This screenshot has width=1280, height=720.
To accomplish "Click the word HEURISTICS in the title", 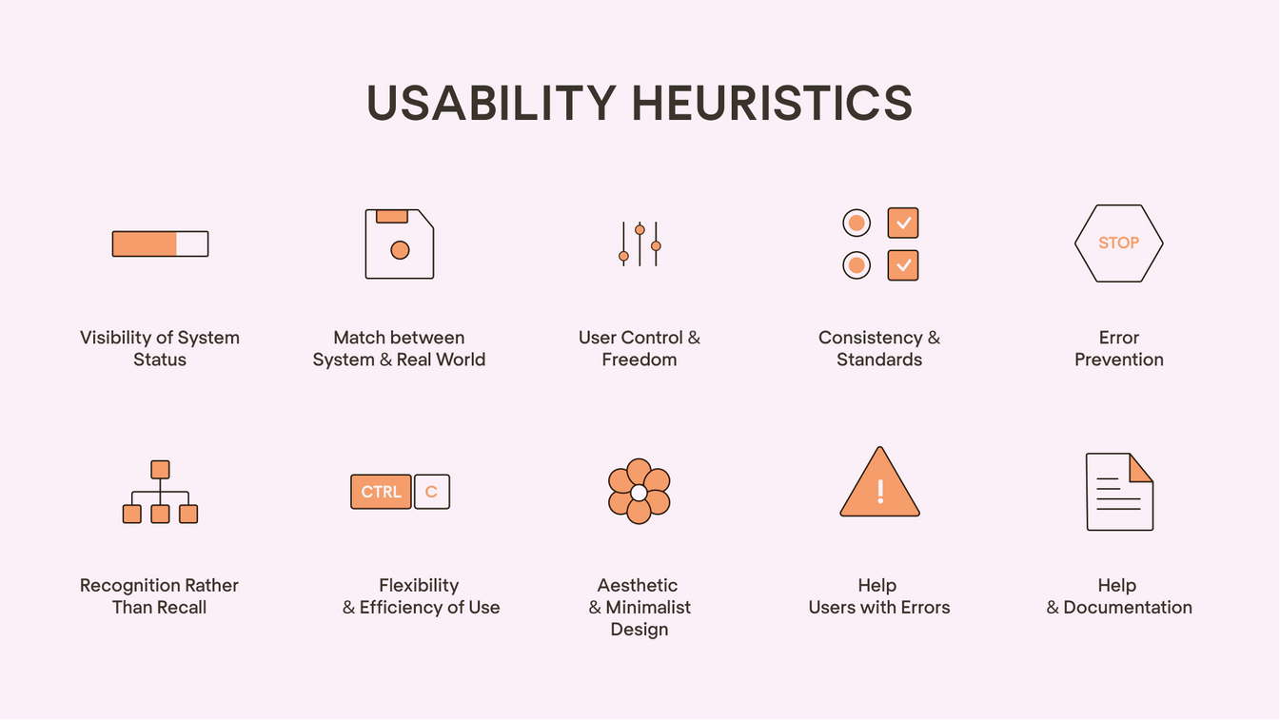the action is tap(772, 103).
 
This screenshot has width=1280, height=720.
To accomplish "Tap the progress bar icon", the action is tap(160, 243).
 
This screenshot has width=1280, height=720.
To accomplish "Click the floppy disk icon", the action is tap(400, 243).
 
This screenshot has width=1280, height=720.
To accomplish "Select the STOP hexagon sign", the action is tap(1118, 243).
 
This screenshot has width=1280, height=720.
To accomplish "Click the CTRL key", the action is tap(381, 492).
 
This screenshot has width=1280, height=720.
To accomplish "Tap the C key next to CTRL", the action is tap(432, 492).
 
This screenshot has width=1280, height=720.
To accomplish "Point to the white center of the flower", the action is tap(639, 492).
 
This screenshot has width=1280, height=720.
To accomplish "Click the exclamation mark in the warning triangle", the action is tap(880, 491).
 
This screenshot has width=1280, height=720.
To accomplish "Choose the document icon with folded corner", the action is tap(1119, 492).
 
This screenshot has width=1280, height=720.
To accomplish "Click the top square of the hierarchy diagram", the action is tap(160, 469).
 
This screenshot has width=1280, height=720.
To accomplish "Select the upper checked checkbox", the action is tap(903, 223).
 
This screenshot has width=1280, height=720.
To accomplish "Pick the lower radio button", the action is tap(857, 265).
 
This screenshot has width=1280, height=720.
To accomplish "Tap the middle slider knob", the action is tap(640, 229).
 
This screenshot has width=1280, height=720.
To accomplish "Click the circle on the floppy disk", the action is tap(400, 250).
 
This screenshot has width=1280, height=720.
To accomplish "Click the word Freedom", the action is tap(640, 360).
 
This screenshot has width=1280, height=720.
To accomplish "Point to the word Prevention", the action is tap(1119, 360).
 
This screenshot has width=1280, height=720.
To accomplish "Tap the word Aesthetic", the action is tap(638, 585).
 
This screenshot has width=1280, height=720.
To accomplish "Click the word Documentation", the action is tap(1128, 608).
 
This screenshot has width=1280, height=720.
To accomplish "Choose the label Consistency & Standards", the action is tap(879, 348).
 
